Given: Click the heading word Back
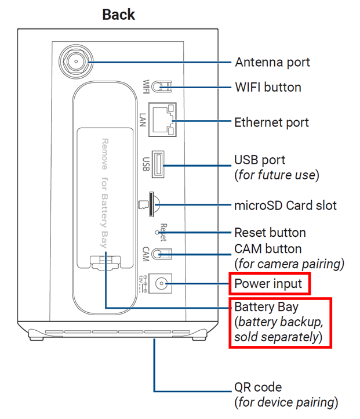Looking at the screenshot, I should pyautogui.click(x=118, y=15).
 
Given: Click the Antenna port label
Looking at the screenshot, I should pyautogui.click(x=272, y=62).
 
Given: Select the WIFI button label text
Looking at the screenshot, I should pyautogui.click(x=267, y=87).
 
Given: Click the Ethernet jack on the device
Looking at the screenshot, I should pyautogui.click(x=162, y=120).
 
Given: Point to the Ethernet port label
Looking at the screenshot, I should pyautogui.click(x=271, y=122).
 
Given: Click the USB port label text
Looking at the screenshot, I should pyautogui.click(x=260, y=159).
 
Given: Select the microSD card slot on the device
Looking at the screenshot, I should pyautogui.click(x=152, y=202).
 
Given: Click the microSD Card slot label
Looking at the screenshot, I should pyautogui.click(x=285, y=205).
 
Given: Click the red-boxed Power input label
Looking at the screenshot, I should pyautogui.click(x=268, y=284).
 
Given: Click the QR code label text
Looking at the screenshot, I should pyautogui.click(x=258, y=387).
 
